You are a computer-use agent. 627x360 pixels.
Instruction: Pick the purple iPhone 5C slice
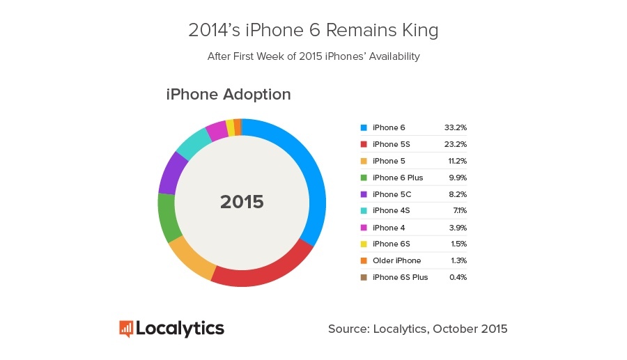[171, 173]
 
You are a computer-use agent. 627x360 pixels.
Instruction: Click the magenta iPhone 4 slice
[216, 130]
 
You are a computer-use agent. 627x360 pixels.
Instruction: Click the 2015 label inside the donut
[242, 203]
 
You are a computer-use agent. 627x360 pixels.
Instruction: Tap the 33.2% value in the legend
[455, 127]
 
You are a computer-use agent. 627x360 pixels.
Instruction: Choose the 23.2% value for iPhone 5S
[455, 144]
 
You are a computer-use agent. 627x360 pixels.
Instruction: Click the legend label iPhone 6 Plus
[398, 178]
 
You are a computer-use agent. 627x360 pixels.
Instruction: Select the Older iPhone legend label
[396, 260]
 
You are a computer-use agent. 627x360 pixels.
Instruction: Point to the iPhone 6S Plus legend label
[400, 277]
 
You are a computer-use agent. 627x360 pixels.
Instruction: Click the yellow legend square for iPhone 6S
[363, 244]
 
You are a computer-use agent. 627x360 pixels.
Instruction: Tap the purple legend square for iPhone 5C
[363, 194]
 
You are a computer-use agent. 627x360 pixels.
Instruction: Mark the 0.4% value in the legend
[457, 277]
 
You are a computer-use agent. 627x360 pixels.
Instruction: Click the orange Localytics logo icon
[126, 329]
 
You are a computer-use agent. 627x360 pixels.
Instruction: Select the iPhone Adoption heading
[228, 94]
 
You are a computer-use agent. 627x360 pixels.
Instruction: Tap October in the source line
[455, 329]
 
